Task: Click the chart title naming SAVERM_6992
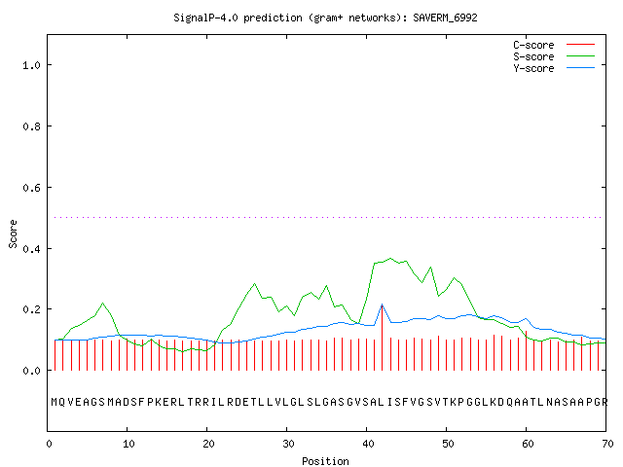tap(325, 18)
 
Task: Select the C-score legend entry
tap(554, 45)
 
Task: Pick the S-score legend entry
tap(554, 56)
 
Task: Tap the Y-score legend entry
tap(554, 68)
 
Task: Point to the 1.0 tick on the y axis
tap(31, 65)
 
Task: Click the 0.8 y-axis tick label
tap(31, 126)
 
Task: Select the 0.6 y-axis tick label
tap(31, 188)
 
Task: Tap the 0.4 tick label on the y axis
tap(31, 249)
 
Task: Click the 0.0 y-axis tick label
tap(31, 371)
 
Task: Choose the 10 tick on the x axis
tap(128, 444)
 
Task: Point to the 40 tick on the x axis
tap(368, 444)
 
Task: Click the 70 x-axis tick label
tap(607, 444)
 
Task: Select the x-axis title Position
tap(325, 461)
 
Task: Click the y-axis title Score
tap(13, 233)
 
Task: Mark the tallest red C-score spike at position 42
tap(383, 338)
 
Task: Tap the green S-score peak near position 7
tap(103, 303)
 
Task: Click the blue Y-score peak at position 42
tap(383, 305)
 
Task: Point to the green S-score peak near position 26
tap(255, 283)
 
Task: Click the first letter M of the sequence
tap(55, 402)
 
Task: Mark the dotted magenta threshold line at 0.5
tap(328, 217)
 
